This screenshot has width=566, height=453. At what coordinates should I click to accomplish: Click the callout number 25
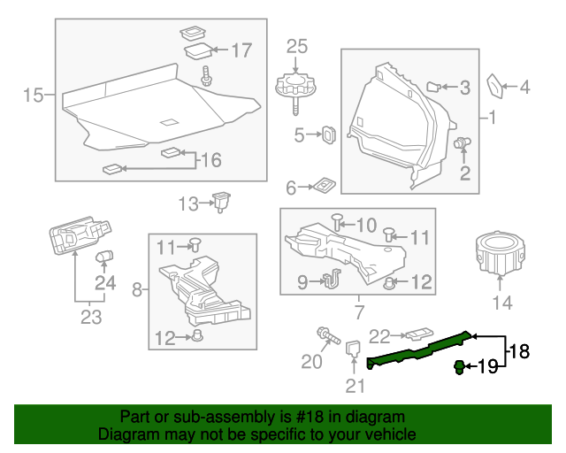click(297, 45)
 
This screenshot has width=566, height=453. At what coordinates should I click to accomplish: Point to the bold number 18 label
click(519, 351)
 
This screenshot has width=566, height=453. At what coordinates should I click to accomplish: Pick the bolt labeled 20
click(328, 337)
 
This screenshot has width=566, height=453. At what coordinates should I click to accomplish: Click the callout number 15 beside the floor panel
click(33, 95)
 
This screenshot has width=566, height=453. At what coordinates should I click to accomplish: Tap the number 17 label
click(241, 50)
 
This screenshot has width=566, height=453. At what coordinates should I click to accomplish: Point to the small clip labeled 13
click(221, 201)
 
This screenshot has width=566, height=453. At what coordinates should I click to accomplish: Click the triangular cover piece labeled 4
click(495, 88)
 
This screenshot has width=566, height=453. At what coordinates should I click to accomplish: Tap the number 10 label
click(365, 224)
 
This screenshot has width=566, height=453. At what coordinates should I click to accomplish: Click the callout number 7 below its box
click(358, 312)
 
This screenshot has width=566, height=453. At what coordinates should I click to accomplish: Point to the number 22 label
click(379, 336)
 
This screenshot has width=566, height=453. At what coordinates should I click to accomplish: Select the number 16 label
click(210, 160)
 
